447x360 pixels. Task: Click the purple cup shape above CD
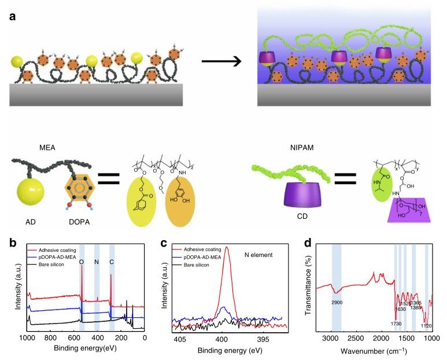pos(284,194)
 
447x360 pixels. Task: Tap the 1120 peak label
pos(427,326)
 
